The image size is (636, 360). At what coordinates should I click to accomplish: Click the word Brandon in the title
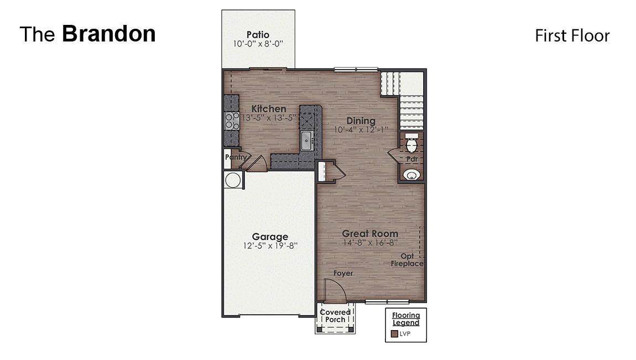109,34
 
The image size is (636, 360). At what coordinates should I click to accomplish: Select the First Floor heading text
572,36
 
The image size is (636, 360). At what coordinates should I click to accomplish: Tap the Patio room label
258,35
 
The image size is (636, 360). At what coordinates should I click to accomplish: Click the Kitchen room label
269,109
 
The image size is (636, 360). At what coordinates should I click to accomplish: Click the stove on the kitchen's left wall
231,121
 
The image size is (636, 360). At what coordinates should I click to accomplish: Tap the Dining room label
361,121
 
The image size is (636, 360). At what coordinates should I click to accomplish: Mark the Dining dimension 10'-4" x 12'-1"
361,130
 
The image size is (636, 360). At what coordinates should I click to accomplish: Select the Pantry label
235,157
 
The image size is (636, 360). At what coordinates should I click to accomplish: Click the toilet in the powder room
411,145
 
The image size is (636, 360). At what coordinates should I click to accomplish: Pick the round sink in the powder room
411,175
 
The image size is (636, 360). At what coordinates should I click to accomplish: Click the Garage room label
270,237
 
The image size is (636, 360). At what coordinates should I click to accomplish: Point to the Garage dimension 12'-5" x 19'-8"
270,246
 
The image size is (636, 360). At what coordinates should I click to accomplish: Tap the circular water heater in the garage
232,180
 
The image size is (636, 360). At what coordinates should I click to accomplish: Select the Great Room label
369,233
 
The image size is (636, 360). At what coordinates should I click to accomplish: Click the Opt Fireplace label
407,260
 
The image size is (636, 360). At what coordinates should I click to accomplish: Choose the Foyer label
343,273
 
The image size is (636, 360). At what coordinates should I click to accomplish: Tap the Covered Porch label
335,316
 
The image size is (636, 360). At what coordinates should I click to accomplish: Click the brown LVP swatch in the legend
394,334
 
